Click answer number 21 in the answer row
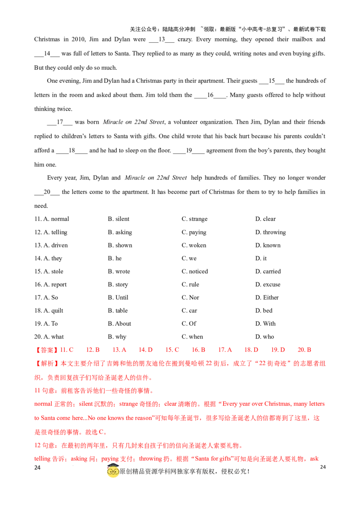pos(67,349)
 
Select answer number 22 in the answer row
pos(94,349)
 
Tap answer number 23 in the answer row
pos(120,349)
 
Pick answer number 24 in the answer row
pos(146,349)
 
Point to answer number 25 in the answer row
pos(173,349)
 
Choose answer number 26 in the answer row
pos(198,349)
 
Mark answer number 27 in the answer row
pos(225,349)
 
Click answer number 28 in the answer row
pos(252,349)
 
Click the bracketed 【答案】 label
pos(47,349)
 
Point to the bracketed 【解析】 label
pos(47,363)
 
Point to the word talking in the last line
pos(41,460)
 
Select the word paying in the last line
pos(108,460)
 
